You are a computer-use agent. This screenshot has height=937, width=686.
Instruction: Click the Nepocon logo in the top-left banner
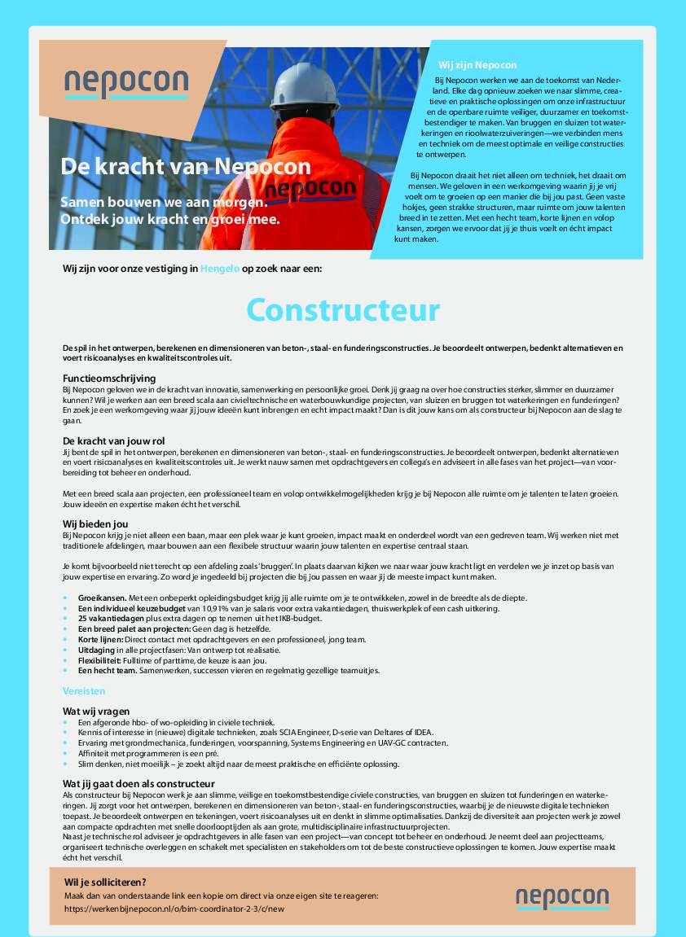coord(126,84)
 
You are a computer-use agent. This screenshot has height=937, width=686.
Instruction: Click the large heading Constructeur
coord(343,310)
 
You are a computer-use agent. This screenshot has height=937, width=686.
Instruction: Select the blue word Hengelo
coord(220,268)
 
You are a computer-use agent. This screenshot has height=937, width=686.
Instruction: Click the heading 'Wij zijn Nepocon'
coord(477,64)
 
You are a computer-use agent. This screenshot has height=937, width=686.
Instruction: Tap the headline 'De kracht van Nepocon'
coord(186,167)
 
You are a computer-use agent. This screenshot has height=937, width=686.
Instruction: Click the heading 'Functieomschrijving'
coord(109,379)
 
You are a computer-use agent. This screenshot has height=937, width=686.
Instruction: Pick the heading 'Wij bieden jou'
coord(95,523)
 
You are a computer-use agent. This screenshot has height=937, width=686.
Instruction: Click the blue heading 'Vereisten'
coord(84,690)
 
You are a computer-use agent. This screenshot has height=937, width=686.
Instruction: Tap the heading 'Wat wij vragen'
coord(96,711)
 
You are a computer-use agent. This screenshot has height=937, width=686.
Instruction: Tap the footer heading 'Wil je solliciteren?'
coord(105,882)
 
